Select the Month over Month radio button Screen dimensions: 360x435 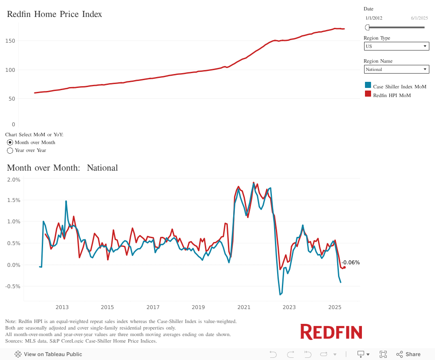10,142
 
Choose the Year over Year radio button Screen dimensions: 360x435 10,150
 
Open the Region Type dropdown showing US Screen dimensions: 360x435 396,46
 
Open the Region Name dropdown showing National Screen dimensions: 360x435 396,69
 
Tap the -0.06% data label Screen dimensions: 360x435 351,262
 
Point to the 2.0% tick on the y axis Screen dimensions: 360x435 14,179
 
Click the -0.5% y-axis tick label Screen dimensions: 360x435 13,286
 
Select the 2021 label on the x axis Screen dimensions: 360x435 244,307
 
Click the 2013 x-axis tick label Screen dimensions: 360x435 62,307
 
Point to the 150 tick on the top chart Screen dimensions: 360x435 10,41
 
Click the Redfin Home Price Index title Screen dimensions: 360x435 54,14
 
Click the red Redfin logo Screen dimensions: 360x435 331,332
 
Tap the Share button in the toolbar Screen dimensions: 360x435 408,354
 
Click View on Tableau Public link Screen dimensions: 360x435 48,354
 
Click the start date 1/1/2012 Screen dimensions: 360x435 374,18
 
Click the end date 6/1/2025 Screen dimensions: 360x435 419,18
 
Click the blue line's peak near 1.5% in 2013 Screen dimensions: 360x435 66,201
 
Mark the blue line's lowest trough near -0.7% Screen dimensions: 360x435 280,295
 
